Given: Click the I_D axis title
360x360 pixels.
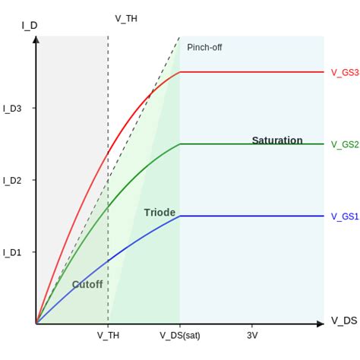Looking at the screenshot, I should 30,25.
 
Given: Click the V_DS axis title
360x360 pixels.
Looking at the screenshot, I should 343,321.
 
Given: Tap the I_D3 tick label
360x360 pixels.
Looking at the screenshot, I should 12,109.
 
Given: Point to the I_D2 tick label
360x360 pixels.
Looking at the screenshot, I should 12,180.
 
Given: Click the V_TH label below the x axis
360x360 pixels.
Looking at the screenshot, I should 108,335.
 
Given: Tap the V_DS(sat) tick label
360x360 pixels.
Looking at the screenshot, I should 180,335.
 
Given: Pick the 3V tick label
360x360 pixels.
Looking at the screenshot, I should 252,335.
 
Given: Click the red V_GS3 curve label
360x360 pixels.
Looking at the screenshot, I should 344,72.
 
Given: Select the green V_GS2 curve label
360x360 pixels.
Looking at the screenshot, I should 344,144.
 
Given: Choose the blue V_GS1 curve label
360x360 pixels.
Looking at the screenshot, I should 344,216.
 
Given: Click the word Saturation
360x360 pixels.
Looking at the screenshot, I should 277,141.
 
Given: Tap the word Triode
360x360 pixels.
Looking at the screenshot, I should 159,213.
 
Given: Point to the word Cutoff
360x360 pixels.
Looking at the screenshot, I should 87,285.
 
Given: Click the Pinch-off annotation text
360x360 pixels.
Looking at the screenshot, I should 204,47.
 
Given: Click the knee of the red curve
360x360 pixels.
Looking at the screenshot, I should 180,72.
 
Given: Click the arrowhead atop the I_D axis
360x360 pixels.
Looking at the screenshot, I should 36,39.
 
